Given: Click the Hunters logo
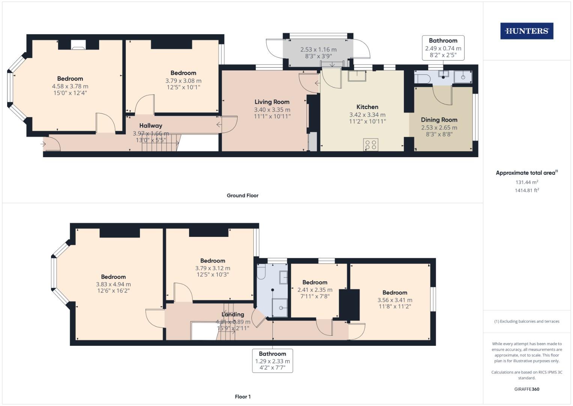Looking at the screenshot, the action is point(526,31).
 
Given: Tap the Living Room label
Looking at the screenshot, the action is point(272,102).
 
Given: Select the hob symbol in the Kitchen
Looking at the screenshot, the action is point(371,145).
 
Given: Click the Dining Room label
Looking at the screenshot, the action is point(439,120).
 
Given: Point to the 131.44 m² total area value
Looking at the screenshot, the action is point(526,182).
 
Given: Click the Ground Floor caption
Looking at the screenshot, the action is point(242,195).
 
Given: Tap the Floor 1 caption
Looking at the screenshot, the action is point(242,397).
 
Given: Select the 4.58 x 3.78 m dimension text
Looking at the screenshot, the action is point(70,86).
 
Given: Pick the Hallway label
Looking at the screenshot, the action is point(150,126).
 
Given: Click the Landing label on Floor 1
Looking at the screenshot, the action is point(233,314).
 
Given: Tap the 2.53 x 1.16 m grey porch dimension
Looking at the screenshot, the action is point(318,50).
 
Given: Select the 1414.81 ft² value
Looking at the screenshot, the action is point(526,191).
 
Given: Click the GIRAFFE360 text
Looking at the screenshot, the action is point(526,389).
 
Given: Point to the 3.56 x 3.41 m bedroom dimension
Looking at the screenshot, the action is point(395,300).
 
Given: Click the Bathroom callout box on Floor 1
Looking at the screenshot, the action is point(272,361).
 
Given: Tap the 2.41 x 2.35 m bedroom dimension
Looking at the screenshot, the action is point(315,290).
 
